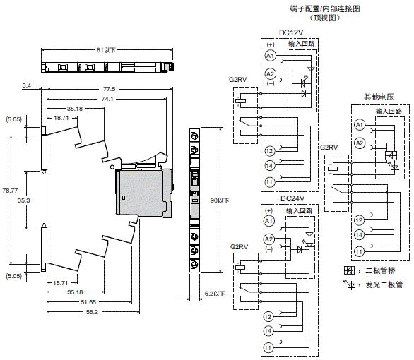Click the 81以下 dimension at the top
point(106,50)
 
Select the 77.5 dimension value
point(108,89)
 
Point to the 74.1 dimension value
point(108,99)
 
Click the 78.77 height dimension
point(10,191)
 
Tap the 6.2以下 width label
point(213,293)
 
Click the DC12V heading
point(291,32)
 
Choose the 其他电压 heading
point(377,96)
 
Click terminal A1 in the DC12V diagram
point(269,55)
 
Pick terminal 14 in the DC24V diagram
point(269,330)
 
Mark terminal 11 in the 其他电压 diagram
point(359,251)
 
